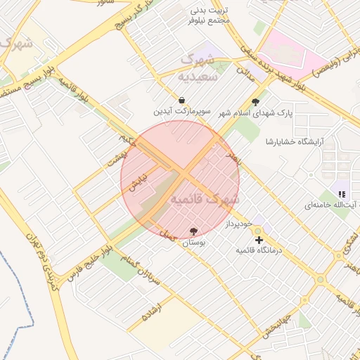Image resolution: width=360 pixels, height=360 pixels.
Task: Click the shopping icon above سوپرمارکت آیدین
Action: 182,101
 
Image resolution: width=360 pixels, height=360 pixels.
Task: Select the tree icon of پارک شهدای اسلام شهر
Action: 264,101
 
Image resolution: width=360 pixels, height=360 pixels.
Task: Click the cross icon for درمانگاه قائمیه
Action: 259,240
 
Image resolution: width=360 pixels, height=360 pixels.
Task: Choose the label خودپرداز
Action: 238,225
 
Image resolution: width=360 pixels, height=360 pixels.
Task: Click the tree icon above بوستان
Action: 193,231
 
